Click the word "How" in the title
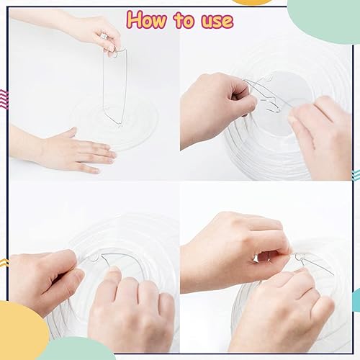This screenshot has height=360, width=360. point(146,20)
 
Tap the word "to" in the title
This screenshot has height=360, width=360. point(184,20)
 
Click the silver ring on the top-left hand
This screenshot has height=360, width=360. point(104,36)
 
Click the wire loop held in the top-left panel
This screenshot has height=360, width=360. point(114,53)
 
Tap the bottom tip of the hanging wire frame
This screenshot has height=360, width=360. point(120,125)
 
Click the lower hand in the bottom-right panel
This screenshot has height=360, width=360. point(282,312)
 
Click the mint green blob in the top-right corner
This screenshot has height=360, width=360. point(325,19)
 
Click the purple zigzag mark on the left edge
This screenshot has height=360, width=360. point(4,99)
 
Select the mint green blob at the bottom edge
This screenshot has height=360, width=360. point(77,349)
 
